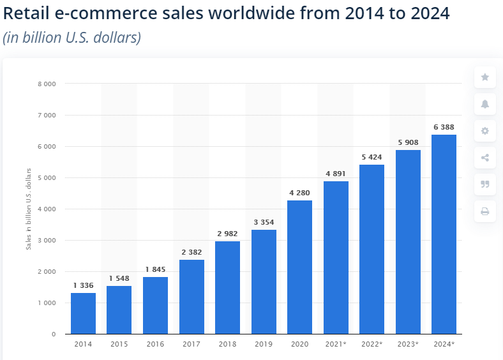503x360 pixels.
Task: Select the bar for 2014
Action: [x=83, y=313]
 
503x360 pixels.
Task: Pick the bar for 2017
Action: [x=191, y=296]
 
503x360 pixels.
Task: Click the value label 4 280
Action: [x=299, y=193]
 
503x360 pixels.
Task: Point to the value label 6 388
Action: [x=444, y=127]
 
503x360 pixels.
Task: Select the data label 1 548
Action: [x=119, y=278]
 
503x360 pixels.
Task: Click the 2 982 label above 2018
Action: [x=227, y=234]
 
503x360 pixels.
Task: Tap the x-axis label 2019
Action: [x=264, y=345]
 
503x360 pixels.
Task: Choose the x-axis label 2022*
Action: [x=372, y=345]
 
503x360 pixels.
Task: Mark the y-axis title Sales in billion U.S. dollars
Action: [x=29, y=208]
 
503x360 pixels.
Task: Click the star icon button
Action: [x=484, y=77]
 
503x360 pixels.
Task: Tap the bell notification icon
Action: [x=484, y=104]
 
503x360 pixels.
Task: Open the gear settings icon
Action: [x=484, y=131]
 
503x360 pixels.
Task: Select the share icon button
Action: [x=484, y=158]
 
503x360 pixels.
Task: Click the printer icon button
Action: [x=484, y=211]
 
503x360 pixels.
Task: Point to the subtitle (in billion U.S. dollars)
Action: [x=71, y=38]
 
